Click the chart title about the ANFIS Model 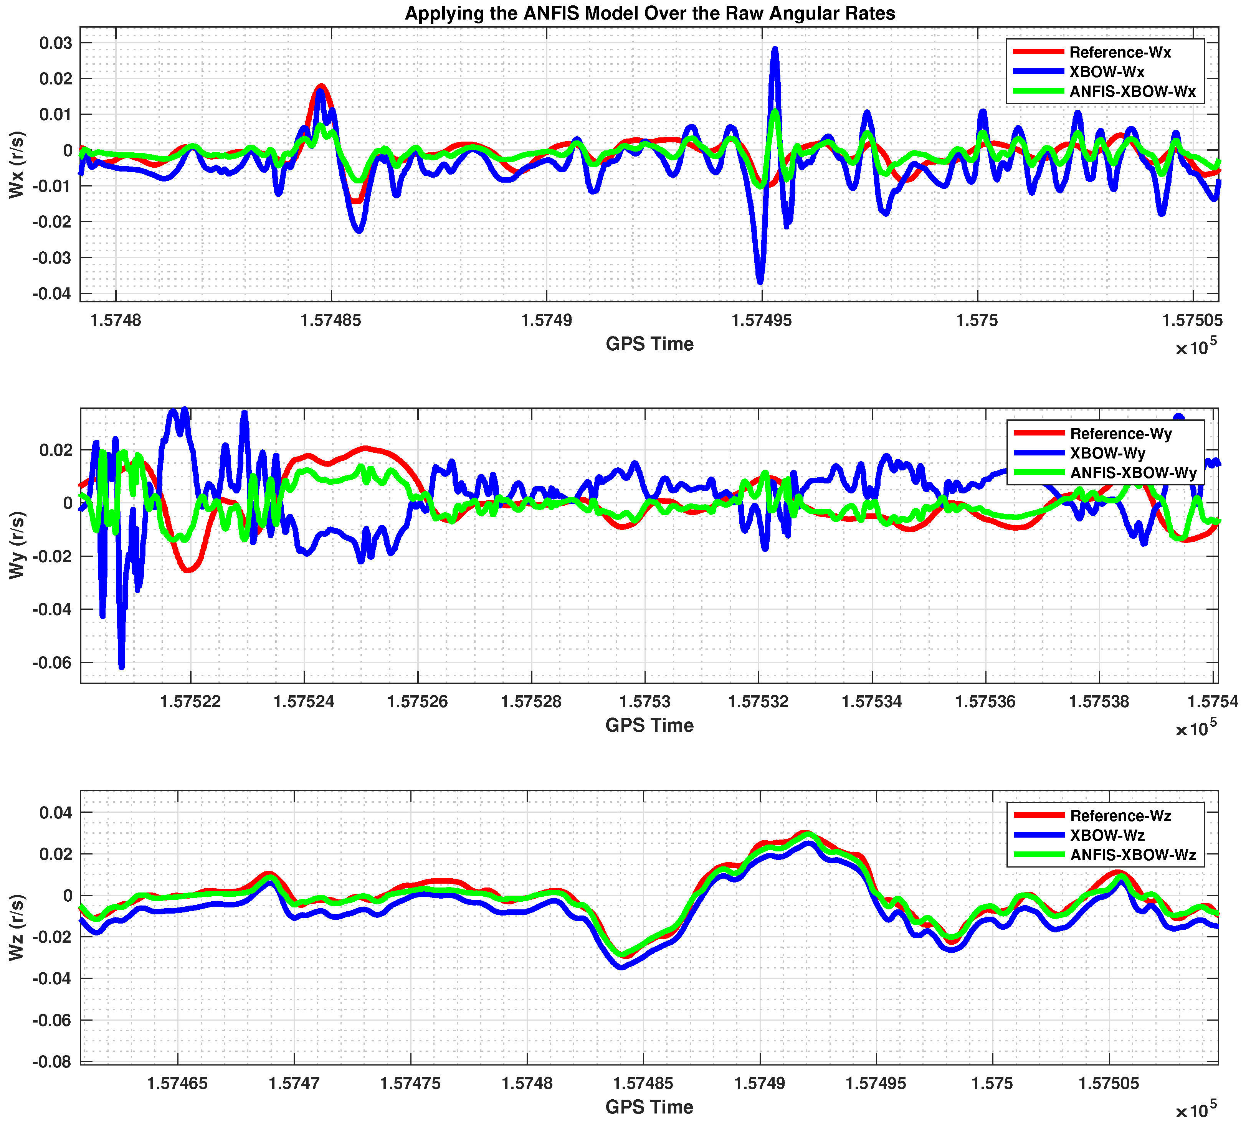pyautogui.click(x=649, y=13)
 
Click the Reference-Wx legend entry pyautogui.click(x=1120, y=53)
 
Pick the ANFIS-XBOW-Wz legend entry pyautogui.click(x=1133, y=855)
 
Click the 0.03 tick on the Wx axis pyautogui.click(x=56, y=43)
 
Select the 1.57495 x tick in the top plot pyautogui.click(x=762, y=321)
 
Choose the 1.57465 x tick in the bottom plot pyautogui.click(x=177, y=1084)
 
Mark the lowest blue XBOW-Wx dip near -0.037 pyautogui.click(x=760, y=281)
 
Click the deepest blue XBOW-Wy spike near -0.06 pyautogui.click(x=122, y=666)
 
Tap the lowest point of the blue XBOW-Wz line pyautogui.click(x=622, y=967)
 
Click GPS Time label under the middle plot pyautogui.click(x=649, y=725)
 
